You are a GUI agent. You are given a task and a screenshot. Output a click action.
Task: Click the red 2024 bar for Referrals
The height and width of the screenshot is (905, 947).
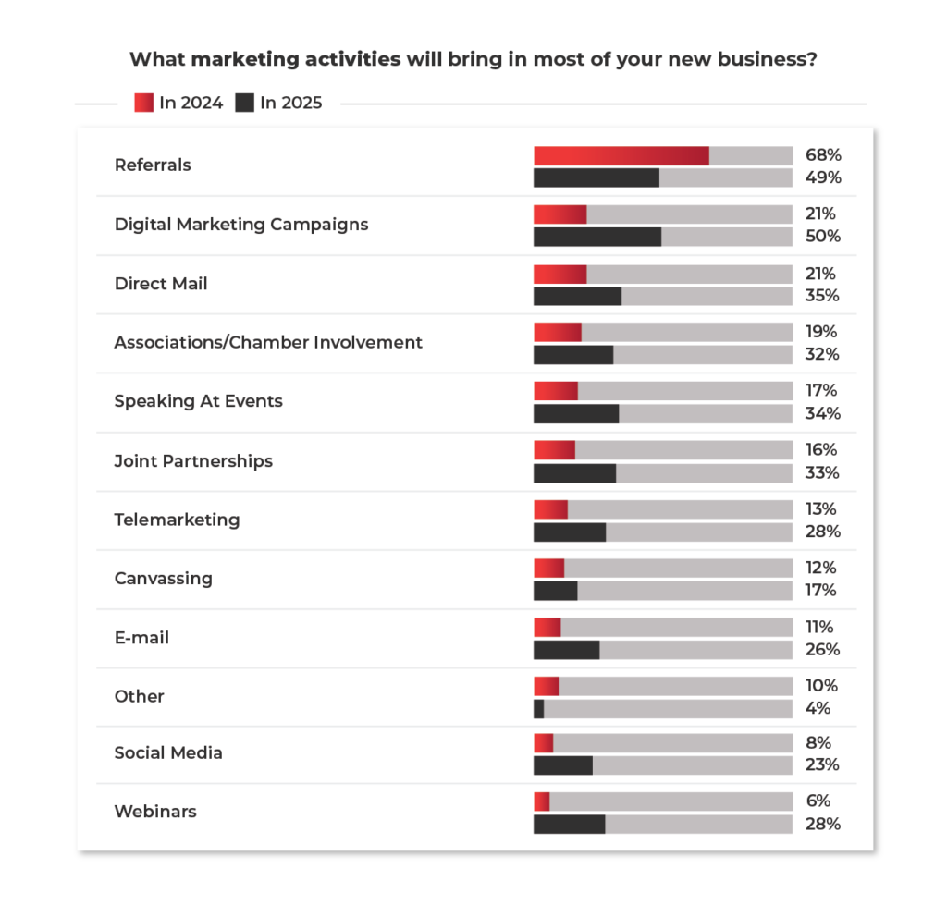tap(621, 155)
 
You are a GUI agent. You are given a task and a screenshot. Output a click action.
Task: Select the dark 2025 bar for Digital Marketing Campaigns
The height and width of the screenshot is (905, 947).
tap(597, 237)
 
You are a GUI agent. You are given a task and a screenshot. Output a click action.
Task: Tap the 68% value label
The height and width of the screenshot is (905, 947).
tap(822, 155)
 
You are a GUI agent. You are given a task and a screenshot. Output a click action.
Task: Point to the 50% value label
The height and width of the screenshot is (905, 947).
tap(822, 237)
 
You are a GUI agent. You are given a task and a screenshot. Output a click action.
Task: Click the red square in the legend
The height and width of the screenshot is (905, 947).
tap(143, 103)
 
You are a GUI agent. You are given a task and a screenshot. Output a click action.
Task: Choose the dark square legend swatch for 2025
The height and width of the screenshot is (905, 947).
tap(244, 103)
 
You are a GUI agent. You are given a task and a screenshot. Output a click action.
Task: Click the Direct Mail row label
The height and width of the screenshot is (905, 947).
tap(161, 284)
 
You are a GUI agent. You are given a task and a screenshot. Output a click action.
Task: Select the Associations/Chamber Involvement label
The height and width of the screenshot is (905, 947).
tap(268, 342)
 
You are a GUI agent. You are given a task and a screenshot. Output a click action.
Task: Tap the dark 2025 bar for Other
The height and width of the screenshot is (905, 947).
tap(538, 708)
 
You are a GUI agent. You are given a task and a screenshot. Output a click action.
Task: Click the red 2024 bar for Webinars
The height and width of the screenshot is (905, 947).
tap(541, 801)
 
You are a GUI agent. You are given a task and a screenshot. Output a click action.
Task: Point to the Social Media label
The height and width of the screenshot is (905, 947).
tap(168, 752)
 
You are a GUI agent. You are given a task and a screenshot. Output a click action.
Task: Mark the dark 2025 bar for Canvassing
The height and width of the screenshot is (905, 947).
tap(555, 590)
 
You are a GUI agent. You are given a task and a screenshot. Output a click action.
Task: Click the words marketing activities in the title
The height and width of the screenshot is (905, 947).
tap(296, 60)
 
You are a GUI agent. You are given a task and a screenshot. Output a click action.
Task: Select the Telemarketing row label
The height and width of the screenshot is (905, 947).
tap(177, 520)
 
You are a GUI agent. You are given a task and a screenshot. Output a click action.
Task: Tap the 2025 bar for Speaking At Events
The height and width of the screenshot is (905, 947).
tap(576, 413)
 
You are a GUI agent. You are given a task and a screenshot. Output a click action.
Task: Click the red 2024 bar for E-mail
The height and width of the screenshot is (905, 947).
tap(547, 627)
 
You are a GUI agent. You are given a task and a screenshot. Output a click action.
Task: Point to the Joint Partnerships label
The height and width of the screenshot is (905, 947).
tap(193, 460)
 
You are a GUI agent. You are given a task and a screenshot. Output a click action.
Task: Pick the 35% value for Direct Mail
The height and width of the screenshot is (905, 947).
tap(822, 296)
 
